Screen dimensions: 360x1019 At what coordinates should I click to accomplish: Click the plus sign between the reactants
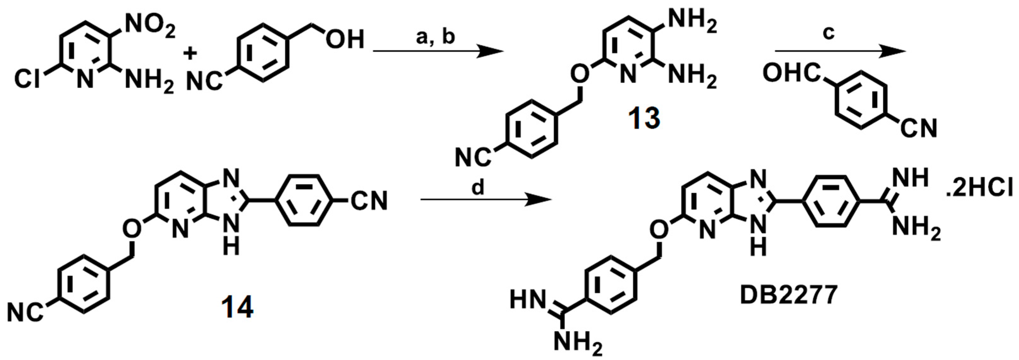pyautogui.click(x=190, y=54)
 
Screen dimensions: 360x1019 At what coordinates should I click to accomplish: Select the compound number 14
pyautogui.click(x=237, y=307)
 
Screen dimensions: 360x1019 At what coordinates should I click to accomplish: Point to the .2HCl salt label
pyautogui.click(x=981, y=191)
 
